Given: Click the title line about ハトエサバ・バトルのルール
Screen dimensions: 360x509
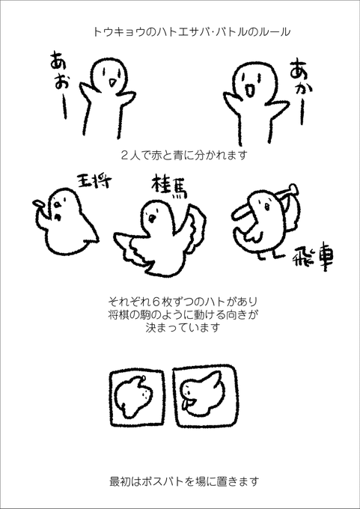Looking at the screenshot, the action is click(192, 32).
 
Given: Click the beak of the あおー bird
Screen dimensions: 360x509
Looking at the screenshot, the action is click(112, 83).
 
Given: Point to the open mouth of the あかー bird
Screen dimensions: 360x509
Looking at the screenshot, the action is click(250, 91).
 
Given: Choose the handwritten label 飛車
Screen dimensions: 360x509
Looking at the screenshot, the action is click(313, 260).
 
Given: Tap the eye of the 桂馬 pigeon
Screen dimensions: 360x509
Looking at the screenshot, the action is click(152, 217).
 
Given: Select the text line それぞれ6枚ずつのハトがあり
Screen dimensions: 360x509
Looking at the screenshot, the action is click(184, 301).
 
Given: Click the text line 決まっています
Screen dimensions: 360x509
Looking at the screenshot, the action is click(183, 327).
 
